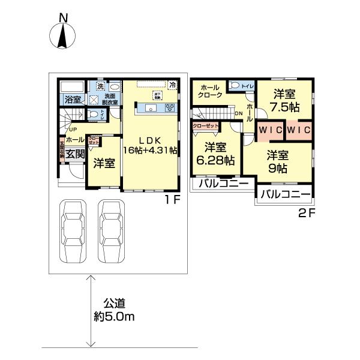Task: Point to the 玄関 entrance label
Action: tap(74, 154)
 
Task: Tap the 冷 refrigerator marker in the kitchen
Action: tap(172, 85)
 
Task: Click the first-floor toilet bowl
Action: tap(92, 113)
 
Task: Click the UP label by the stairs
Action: tap(72, 129)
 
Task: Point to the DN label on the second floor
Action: tap(238, 113)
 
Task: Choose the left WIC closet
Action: tap(271, 130)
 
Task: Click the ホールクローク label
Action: tap(210, 91)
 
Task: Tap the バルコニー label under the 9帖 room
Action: tap(286, 194)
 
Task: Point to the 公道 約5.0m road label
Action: tap(113, 310)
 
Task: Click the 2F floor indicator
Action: tap(305, 212)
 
